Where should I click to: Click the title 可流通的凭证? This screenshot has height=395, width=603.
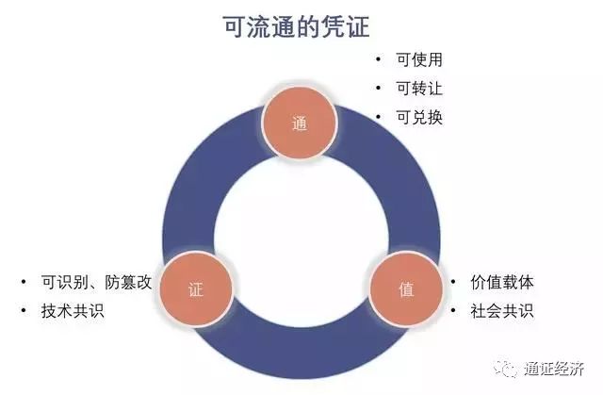[297, 26]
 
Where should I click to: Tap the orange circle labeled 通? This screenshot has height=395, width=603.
[300, 123]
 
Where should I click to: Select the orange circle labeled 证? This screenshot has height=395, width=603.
[196, 288]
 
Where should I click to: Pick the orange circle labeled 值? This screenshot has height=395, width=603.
[406, 288]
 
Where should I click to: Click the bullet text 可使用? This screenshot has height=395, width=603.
[419, 59]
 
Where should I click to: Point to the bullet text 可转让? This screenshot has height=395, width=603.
[419, 89]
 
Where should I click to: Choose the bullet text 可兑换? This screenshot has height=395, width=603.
[419, 117]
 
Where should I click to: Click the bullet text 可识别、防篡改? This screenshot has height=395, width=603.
[96, 282]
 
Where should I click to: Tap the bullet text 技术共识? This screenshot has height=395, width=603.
[73, 311]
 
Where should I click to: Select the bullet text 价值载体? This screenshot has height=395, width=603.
[502, 282]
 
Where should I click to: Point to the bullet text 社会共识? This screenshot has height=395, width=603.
[502, 311]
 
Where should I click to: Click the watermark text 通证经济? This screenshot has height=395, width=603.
[554, 369]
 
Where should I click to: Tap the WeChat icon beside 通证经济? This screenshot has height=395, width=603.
[505, 369]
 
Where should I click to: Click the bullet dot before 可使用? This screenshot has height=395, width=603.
[379, 59]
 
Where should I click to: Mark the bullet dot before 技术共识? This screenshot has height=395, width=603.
[24, 310]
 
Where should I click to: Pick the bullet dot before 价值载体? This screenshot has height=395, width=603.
[453, 282]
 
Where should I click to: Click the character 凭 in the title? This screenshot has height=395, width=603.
[333, 26]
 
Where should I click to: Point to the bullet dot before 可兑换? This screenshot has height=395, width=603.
[379, 117]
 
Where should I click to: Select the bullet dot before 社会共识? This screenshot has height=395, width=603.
[453, 310]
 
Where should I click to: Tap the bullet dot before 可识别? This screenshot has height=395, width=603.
[24, 282]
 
